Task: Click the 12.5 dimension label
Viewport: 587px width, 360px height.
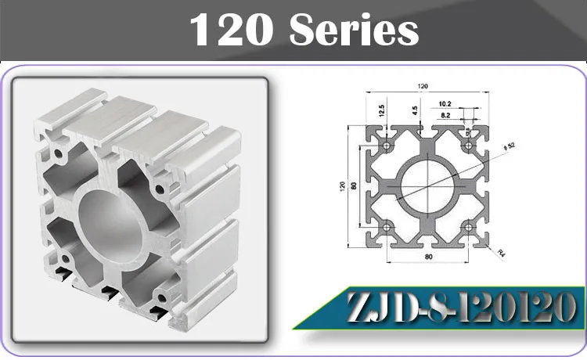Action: click(381, 110)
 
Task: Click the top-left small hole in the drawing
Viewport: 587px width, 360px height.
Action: click(387, 146)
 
